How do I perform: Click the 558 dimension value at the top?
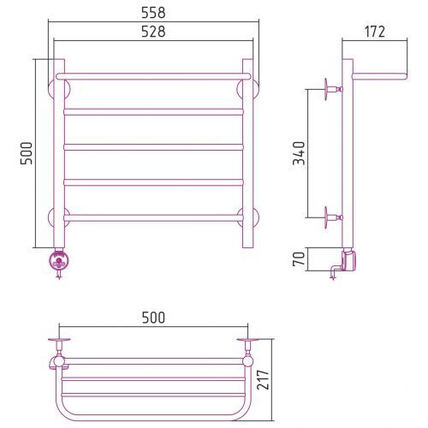point(153,13)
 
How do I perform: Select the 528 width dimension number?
point(153,32)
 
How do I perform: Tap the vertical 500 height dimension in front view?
point(27,153)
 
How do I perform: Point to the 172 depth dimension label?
point(375,32)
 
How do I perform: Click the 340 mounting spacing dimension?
point(299,153)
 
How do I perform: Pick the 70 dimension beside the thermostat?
point(299,259)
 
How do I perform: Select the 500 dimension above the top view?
point(153,318)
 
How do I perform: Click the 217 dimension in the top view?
point(263,380)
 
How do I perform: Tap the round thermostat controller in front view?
point(59,260)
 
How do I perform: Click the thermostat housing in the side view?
point(349,259)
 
